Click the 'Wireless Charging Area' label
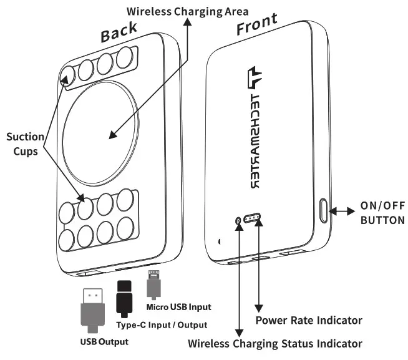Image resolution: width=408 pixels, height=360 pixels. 180,11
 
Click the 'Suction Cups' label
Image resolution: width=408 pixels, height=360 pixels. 26,144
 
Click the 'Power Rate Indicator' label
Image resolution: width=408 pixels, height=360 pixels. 309,321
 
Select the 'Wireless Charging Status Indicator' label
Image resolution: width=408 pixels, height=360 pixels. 275,344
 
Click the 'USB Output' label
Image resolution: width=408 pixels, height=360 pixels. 104,341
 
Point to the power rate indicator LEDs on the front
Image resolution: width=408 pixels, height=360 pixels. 254,219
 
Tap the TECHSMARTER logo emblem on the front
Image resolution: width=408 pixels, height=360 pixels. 256,78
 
